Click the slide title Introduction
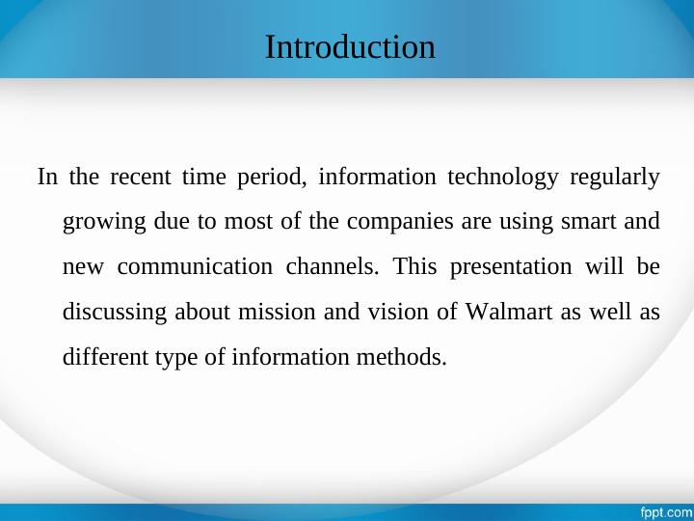350,46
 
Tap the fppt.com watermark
666,511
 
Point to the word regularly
615,178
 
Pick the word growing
104,223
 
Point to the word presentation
514,267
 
